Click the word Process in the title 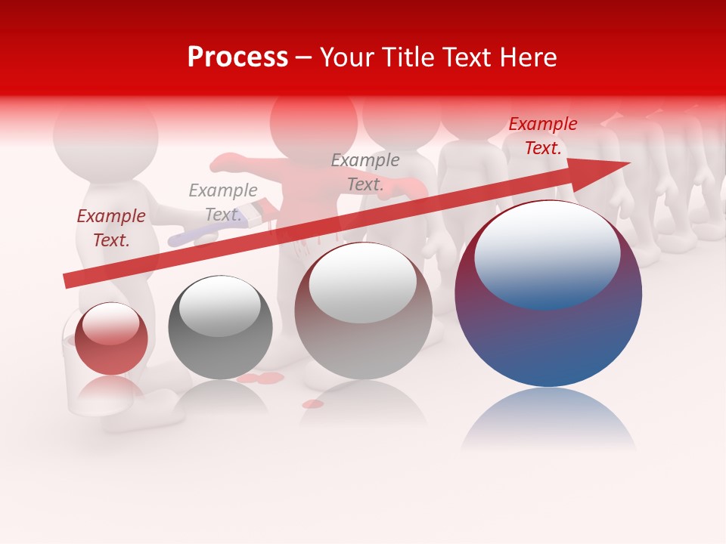[x=237, y=57]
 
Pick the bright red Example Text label [x=542, y=136]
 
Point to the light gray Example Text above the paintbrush [x=223, y=202]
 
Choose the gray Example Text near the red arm [x=365, y=172]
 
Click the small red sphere [x=111, y=339]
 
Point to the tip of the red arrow [x=628, y=163]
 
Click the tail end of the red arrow [x=67, y=281]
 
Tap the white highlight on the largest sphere [x=547, y=254]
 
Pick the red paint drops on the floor [x=261, y=378]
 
